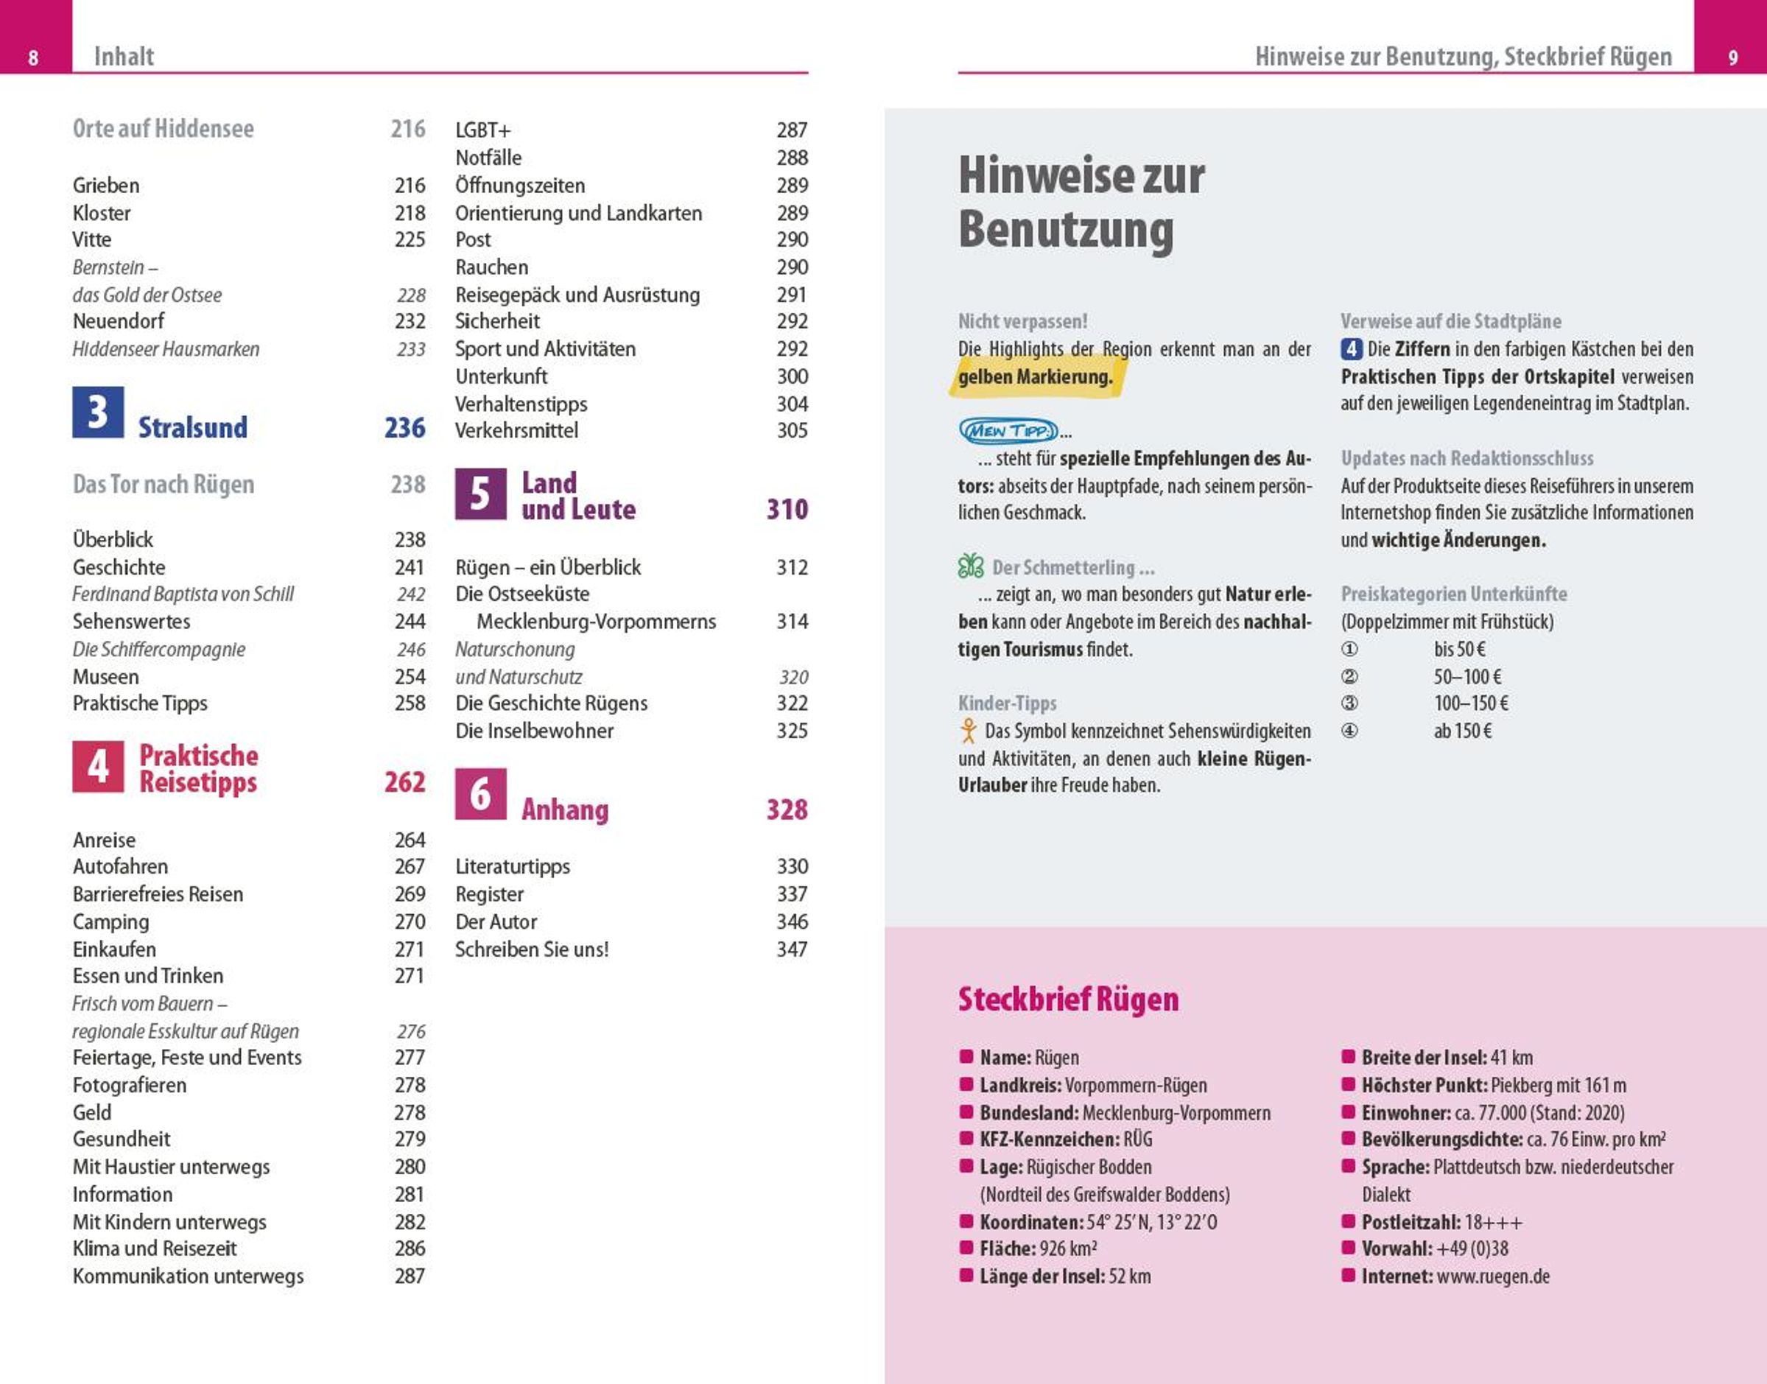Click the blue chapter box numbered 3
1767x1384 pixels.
point(98,412)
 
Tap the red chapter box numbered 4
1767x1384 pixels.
point(98,766)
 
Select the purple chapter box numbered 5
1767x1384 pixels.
point(480,493)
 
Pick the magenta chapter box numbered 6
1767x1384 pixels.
point(480,793)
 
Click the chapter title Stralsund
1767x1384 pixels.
point(193,428)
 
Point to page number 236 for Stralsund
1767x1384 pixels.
point(404,428)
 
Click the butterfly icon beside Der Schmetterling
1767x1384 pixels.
point(971,566)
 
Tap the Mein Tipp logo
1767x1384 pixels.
point(1008,430)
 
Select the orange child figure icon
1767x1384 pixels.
point(968,731)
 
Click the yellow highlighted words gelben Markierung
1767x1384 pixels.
point(1036,377)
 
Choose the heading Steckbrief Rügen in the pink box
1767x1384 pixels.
point(1068,999)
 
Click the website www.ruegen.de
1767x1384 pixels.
point(1492,1276)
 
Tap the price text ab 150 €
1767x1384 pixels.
point(1462,731)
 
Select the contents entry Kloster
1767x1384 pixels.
point(101,213)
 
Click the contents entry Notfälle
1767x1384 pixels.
point(488,158)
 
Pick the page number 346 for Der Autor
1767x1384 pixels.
point(792,921)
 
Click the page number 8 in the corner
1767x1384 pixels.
point(33,57)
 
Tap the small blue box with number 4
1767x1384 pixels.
point(1351,349)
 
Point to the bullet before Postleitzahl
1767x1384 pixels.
point(1348,1221)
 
